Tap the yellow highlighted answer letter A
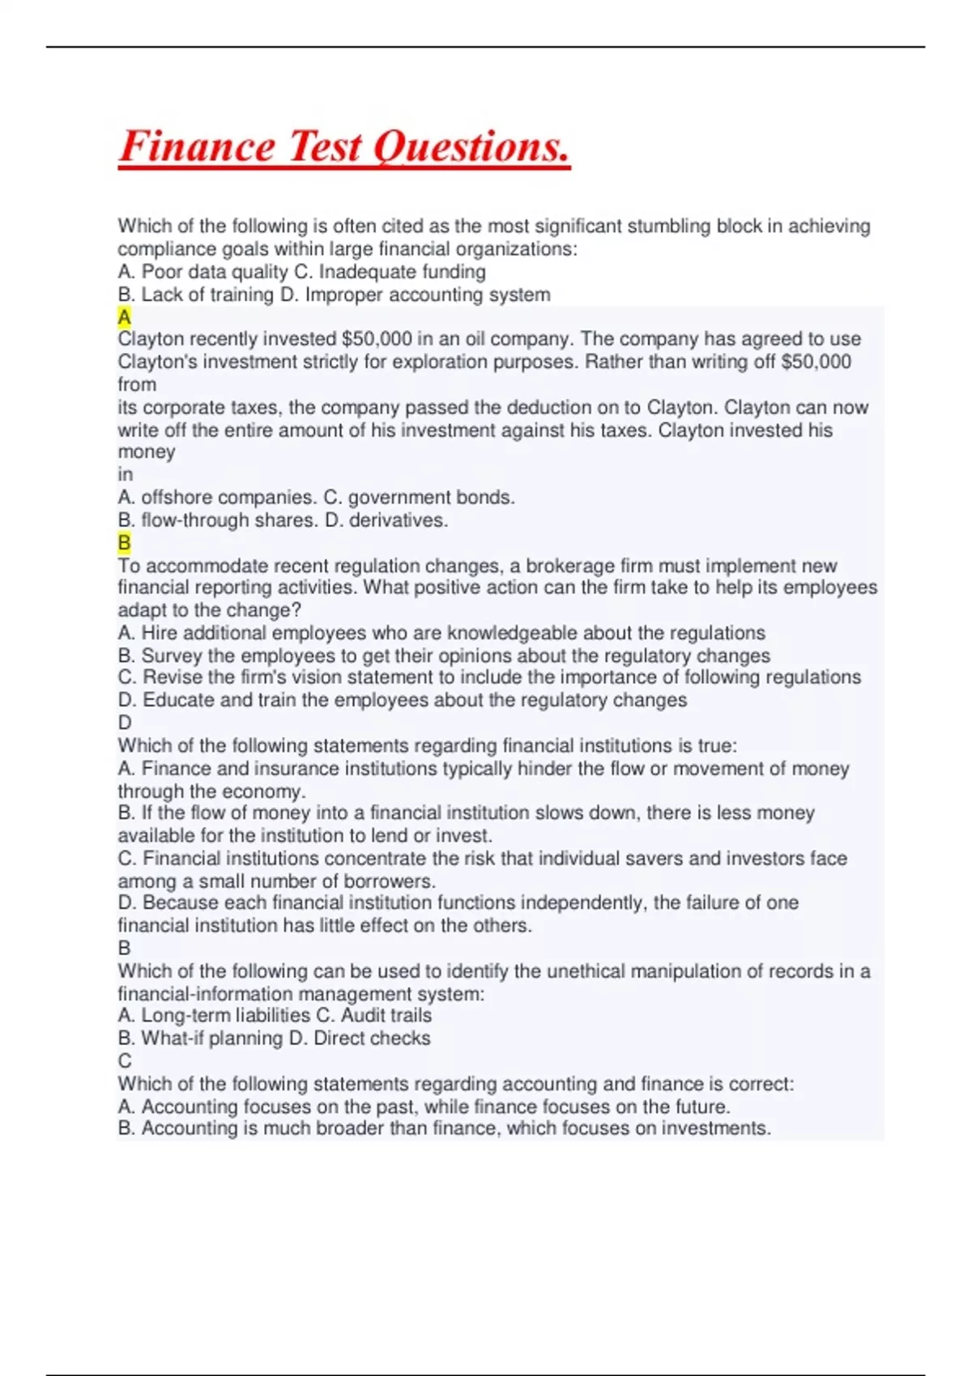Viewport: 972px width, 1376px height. pyautogui.click(x=124, y=316)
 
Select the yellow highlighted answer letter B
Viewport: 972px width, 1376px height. pyautogui.click(x=124, y=542)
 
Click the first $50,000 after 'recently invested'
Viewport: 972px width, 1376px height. pyautogui.click(x=377, y=339)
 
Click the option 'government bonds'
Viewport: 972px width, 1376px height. pyautogui.click(x=430, y=498)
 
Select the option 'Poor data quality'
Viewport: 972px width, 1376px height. pyautogui.click(x=215, y=272)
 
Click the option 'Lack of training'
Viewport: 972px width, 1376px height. pyautogui.click(x=207, y=295)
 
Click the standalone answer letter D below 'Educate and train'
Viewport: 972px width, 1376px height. pyautogui.click(x=125, y=723)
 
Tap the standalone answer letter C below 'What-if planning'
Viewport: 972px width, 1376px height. pyautogui.click(x=125, y=1061)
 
